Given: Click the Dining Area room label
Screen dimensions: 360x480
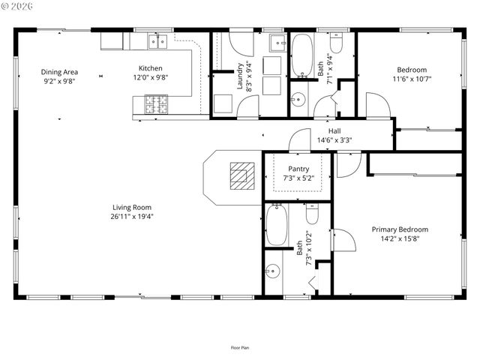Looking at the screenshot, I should coord(60,73).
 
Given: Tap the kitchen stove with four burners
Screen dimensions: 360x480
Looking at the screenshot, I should coord(156,104).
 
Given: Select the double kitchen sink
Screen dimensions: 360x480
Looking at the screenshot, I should coord(157,41).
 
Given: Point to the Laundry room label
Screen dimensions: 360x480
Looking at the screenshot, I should coord(240,75).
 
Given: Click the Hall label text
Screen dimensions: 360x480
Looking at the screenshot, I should coord(334,130).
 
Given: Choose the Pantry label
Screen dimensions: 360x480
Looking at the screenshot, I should coord(298,169).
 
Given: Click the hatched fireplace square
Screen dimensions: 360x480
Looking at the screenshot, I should coord(241,175).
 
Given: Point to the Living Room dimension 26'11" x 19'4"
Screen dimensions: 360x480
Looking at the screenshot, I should coord(133,216).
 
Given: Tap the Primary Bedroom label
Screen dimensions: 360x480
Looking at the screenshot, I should coord(400,229).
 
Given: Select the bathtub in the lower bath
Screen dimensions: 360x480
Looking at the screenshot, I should coord(277,225).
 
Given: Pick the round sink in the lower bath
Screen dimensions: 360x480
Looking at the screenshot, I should coord(274,271).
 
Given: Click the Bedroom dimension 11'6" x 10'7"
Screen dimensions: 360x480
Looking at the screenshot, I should coord(412,78).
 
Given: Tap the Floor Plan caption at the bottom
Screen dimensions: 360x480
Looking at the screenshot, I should coord(240,347).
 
